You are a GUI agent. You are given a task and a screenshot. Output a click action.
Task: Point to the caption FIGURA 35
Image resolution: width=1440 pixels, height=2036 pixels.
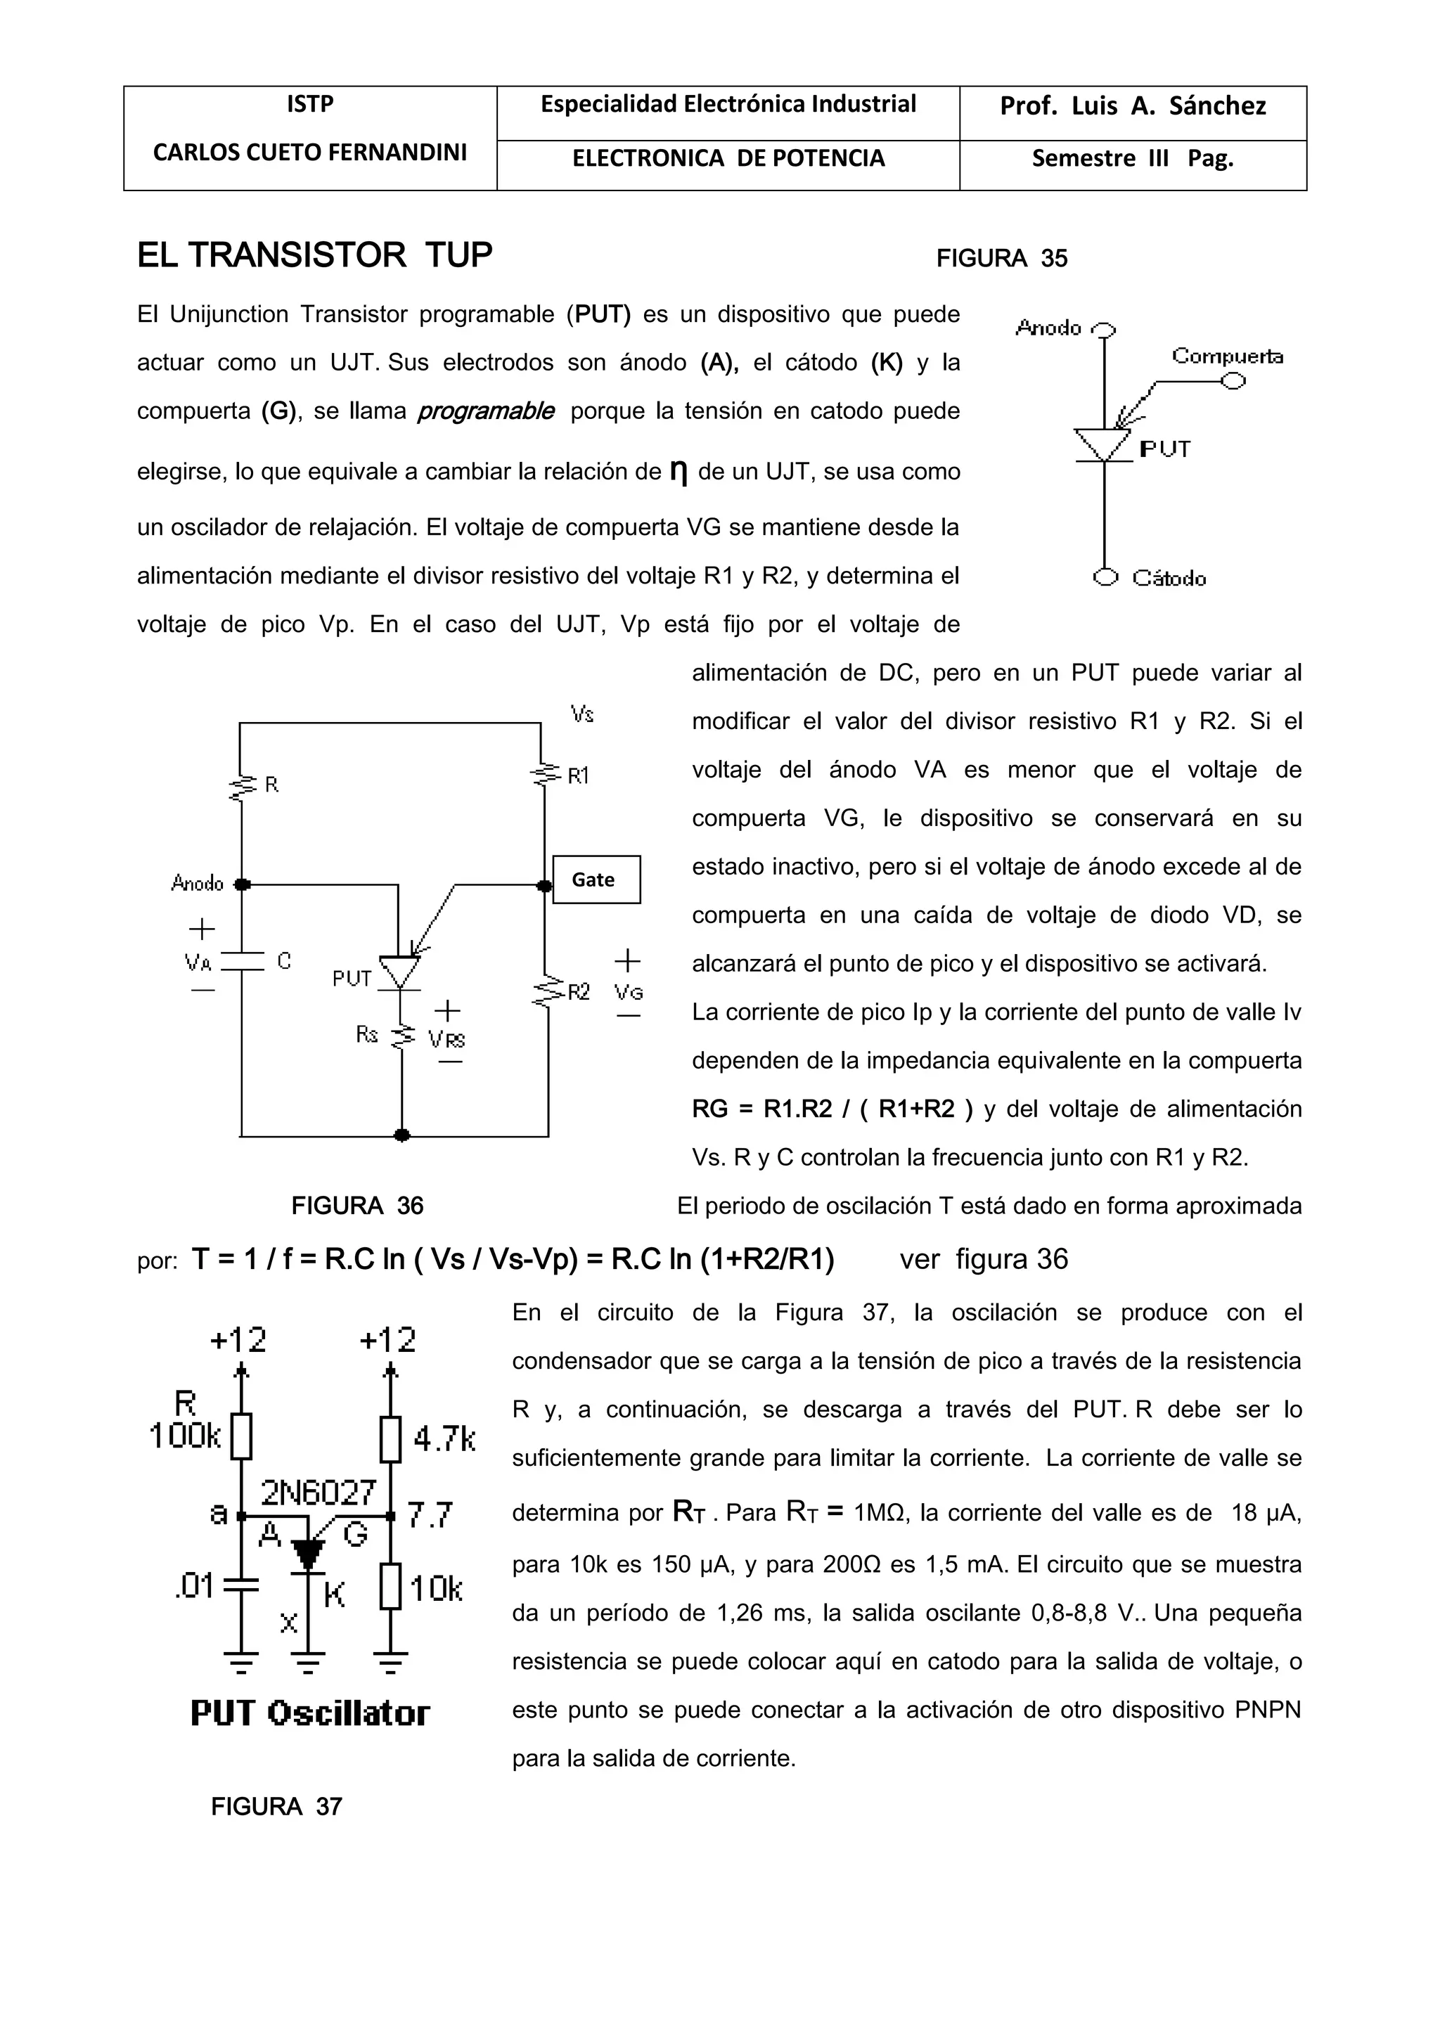point(1001,259)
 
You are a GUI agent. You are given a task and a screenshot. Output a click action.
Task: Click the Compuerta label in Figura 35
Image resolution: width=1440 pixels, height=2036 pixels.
point(1226,356)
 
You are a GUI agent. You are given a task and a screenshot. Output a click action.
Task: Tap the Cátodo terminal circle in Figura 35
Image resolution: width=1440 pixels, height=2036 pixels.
point(1105,577)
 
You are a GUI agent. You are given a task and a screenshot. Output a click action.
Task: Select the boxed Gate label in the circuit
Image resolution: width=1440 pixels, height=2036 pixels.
point(596,879)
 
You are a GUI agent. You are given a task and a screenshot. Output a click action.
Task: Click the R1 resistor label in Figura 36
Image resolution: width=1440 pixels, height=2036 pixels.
point(578,777)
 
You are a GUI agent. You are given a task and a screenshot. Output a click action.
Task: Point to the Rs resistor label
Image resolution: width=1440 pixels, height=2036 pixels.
point(366,1034)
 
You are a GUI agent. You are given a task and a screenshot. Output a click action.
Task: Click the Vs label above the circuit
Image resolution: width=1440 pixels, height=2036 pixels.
point(581,714)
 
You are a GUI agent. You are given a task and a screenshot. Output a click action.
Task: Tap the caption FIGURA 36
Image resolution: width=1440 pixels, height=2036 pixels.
point(357,1206)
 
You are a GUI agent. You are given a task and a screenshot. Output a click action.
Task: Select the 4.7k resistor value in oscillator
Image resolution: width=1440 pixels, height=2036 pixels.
point(444,1438)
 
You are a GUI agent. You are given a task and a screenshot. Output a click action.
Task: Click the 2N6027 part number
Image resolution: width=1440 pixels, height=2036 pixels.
point(319,1493)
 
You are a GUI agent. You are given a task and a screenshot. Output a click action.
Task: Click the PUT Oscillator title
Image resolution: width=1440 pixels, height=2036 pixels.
point(310,1713)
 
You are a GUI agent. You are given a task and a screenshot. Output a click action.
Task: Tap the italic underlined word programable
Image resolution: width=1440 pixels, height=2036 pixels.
point(486,411)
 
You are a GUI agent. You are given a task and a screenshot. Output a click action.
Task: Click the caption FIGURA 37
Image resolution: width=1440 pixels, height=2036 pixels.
point(276,1806)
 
